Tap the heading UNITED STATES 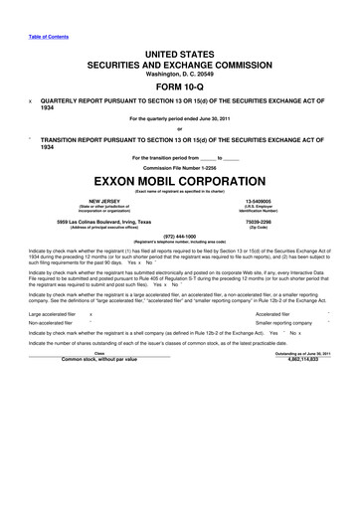point(179,48)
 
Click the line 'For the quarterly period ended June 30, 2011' point(179,119)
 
